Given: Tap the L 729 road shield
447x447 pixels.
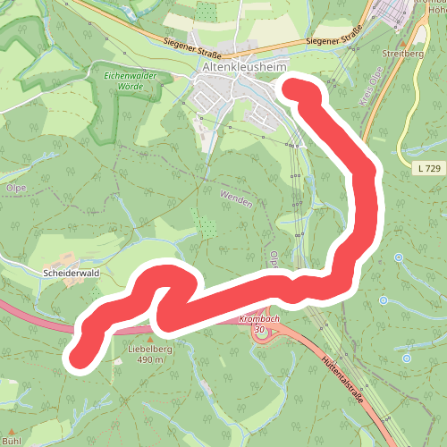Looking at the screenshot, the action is tap(428, 168).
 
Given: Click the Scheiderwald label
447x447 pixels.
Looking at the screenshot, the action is tap(68, 270).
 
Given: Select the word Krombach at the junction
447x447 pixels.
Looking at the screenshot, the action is tap(260, 319).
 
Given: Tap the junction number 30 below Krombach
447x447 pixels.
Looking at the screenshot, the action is tap(260, 330).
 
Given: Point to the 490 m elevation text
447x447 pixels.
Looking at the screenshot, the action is tap(149, 359).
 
